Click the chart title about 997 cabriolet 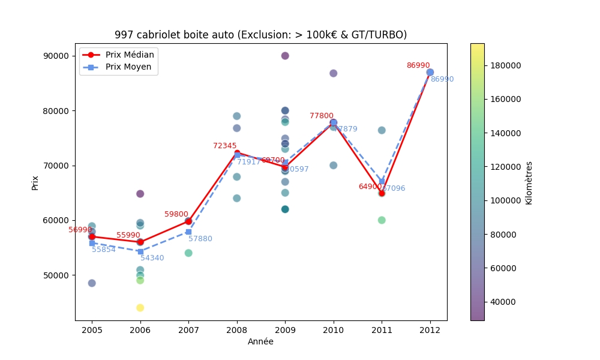click(x=260, y=35)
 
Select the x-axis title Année click(x=260, y=341)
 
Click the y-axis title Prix click(x=35, y=182)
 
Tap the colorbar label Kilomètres click(x=529, y=182)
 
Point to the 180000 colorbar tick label click(x=503, y=65)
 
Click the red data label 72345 click(x=224, y=146)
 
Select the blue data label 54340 click(x=152, y=258)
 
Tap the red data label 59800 click(x=176, y=214)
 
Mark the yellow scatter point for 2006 click(x=140, y=308)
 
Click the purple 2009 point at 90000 click(x=285, y=56)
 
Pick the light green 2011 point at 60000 click(x=382, y=220)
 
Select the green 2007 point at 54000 click(x=188, y=253)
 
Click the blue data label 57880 click(x=200, y=239)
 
